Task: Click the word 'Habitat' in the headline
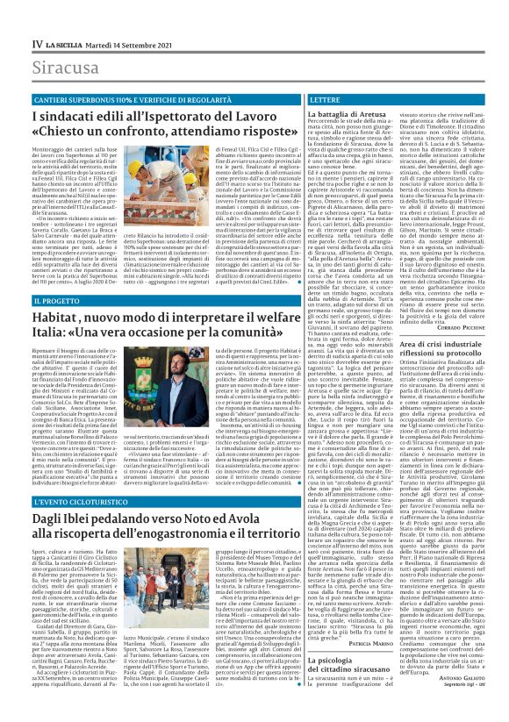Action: [x=56, y=318]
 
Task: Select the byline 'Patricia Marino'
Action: [x=374, y=644]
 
